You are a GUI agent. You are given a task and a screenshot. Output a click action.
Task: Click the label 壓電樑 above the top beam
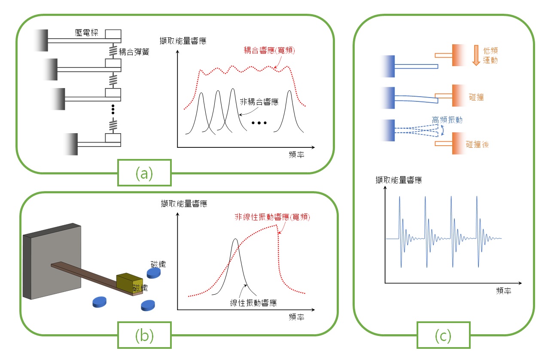pos(86,33)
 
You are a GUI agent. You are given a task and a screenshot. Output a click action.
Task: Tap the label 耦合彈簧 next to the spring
pos(134,52)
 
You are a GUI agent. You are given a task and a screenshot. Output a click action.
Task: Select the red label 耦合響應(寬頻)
pos(269,50)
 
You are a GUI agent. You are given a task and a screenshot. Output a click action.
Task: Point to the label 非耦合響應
pos(259,102)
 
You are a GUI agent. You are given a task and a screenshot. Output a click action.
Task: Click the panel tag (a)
pos(144,173)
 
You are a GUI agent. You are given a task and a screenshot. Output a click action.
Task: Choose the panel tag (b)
pos(144,336)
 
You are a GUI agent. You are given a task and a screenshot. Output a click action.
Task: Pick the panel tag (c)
pos(443,336)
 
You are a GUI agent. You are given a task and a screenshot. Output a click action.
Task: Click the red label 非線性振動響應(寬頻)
pos(272,217)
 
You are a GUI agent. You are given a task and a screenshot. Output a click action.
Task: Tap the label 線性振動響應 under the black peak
pos(253,303)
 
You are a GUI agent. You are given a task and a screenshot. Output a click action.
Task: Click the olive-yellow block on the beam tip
pos(130,283)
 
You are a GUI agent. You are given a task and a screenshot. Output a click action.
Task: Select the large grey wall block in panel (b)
pos(52,261)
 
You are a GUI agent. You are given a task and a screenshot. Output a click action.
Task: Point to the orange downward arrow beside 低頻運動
pos(476,55)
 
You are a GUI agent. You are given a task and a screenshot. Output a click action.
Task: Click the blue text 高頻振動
pos(447,120)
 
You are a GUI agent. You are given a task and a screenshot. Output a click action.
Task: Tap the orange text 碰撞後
pos(477,144)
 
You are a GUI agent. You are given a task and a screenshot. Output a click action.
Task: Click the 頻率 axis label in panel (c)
pos(503,290)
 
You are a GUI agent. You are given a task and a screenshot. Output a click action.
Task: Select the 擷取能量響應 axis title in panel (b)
pos(184,204)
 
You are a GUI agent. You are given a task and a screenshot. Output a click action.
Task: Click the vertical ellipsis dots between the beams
pos(113,110)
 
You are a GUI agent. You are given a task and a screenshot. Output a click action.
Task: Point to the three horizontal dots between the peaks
pos(259,123)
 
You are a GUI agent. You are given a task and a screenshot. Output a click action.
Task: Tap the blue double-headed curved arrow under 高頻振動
pos(442,130)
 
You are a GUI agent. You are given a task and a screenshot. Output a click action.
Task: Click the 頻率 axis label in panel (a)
pos(296,155)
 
